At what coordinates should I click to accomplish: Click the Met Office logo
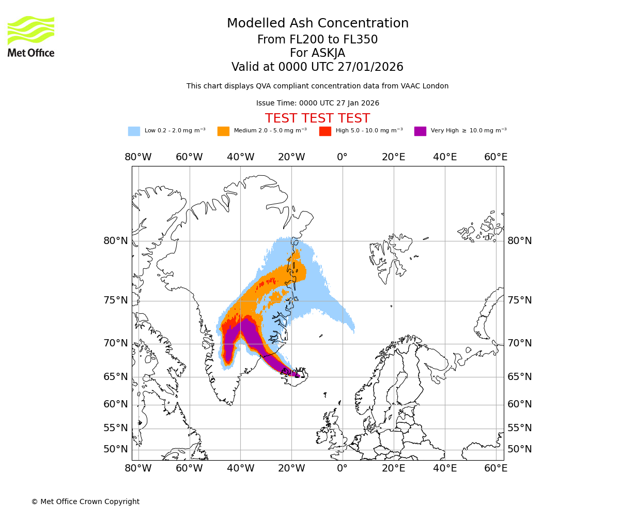tap(31, 36)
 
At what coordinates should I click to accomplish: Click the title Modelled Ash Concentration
tap(317, 23)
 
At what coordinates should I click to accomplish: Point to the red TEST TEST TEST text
tap(317, 118)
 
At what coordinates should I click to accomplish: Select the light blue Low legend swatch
tap(134, 131)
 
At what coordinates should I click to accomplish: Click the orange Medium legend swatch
tap(223, 131)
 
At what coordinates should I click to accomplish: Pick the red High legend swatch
tap(325, 131)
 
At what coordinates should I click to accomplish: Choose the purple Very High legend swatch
tap(420, 131)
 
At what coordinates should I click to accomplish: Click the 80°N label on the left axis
tap(115, 240)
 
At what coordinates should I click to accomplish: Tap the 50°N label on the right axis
tap(519, 449)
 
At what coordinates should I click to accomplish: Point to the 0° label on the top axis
tap(342, 157)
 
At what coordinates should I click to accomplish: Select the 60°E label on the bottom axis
tap(495, 468)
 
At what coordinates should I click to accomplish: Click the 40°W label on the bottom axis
tap(240, 468)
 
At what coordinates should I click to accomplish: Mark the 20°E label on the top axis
tap(393, 157)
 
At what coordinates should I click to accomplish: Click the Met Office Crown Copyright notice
tap(85, 501)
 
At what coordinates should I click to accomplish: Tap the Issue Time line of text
tap(317, 103)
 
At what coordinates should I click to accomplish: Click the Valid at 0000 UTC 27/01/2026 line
tap(317, 67)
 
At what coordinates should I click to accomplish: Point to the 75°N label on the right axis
tap(519, 300)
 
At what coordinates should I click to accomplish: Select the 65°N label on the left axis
tap(115, 376)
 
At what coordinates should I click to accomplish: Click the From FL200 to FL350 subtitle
tap(317, 40)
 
